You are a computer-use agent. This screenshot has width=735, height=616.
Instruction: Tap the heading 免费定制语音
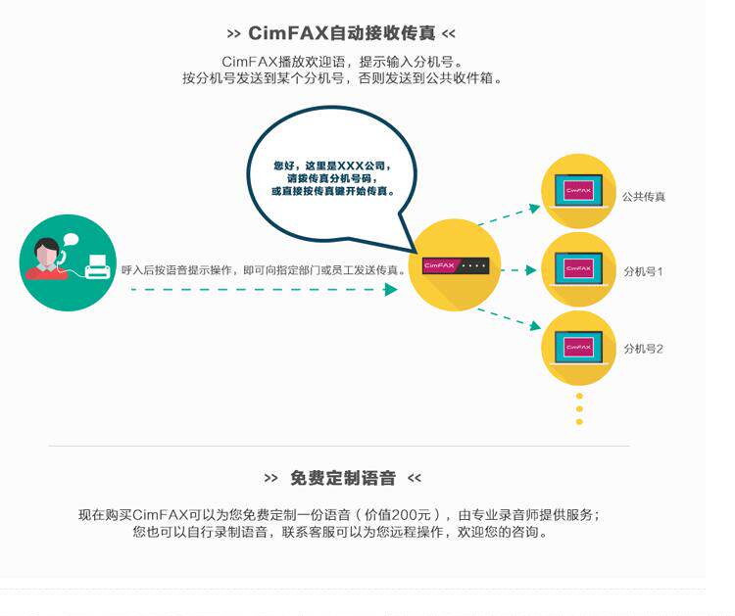[x=343, y=478]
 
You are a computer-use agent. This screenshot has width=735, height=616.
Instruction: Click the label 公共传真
[x=644, y=197]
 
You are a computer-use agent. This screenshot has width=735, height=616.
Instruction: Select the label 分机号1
[x=644, y=270]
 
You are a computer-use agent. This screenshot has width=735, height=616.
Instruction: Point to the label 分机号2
[x=644, y=348]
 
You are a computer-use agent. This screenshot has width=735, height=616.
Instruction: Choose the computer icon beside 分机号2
[x=578, y=346]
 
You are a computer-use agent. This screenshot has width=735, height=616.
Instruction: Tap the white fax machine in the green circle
[x=97, y=265]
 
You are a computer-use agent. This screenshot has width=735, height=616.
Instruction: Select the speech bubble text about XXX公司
[x=334, y=178]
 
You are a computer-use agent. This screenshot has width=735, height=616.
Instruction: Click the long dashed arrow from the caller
[x=265, y=290]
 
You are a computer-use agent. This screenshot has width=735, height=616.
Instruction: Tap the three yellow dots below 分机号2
[x=579, y=408]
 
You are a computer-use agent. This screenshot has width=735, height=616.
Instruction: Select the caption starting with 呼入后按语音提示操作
[x=263, y=269]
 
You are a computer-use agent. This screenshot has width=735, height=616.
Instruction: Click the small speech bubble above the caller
[x=70, y=238]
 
